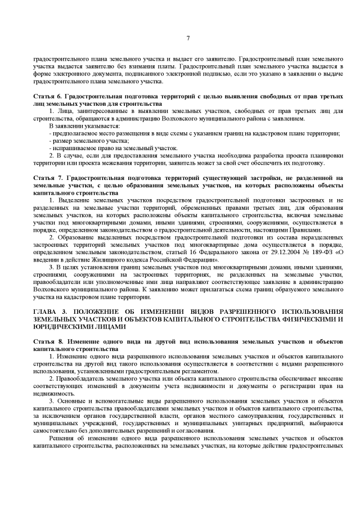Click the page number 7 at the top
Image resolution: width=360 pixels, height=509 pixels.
click(x=188, y=38)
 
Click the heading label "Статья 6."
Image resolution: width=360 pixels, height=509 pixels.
click(x=47, y=97)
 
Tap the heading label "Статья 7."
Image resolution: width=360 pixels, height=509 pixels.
click(x=47, y=178)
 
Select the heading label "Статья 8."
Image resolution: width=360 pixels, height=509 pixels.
click(x=47, y=341)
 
